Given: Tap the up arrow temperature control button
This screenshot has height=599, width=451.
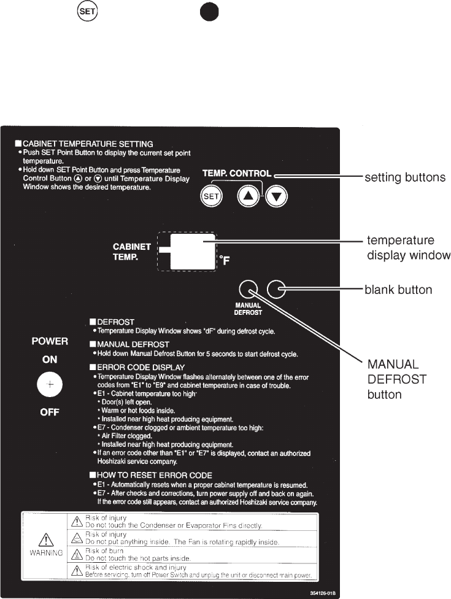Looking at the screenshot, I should click(x=248, y=196).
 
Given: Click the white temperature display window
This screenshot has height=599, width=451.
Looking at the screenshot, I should click(x=192, y=251).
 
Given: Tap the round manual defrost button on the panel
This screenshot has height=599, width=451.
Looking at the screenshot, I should click(x=248, y=289).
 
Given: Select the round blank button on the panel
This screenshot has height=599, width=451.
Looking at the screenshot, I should click(x=277, y=289).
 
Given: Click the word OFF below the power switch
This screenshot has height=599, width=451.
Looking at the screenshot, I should click(x=50, y=412).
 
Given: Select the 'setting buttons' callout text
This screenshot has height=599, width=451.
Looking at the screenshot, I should click(x=405, y=177).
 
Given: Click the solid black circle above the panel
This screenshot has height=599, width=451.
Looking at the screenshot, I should click(x=207, y=12).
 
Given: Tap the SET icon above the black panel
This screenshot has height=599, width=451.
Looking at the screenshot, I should click(x=84, y=12).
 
